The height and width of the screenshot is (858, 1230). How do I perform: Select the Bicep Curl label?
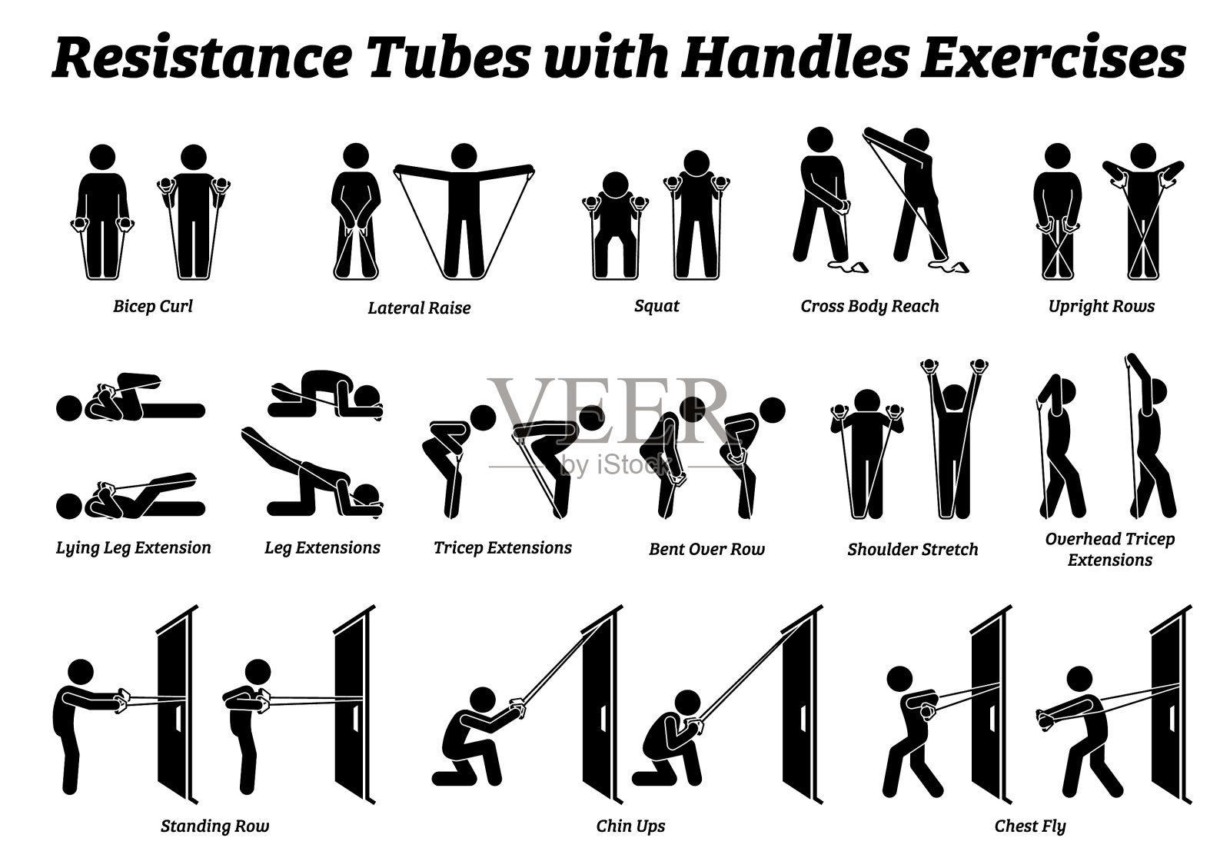(153, 306)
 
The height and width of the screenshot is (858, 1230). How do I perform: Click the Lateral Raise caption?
(419, 308)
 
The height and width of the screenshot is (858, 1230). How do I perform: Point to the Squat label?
(657, 306)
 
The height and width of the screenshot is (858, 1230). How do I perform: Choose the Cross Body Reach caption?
(869, 306)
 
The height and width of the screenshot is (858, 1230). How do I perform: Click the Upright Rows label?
(1102, 306)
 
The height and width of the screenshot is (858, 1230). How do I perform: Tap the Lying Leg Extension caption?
(134, 547)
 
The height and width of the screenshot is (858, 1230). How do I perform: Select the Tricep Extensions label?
(503, 547)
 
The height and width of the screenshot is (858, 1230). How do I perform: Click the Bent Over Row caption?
(706, 549)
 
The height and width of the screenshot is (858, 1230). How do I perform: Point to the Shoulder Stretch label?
(913, 549)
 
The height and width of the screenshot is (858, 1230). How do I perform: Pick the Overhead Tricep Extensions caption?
(1110, 549)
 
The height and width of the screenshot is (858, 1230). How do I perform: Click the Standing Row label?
(214, 826)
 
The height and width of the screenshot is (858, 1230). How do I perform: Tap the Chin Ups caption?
(630, 826)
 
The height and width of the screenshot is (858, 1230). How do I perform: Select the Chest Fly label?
(1030, 826)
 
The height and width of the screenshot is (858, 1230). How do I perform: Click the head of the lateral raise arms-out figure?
(464, 155)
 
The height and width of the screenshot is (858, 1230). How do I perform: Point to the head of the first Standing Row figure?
(81, 673)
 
